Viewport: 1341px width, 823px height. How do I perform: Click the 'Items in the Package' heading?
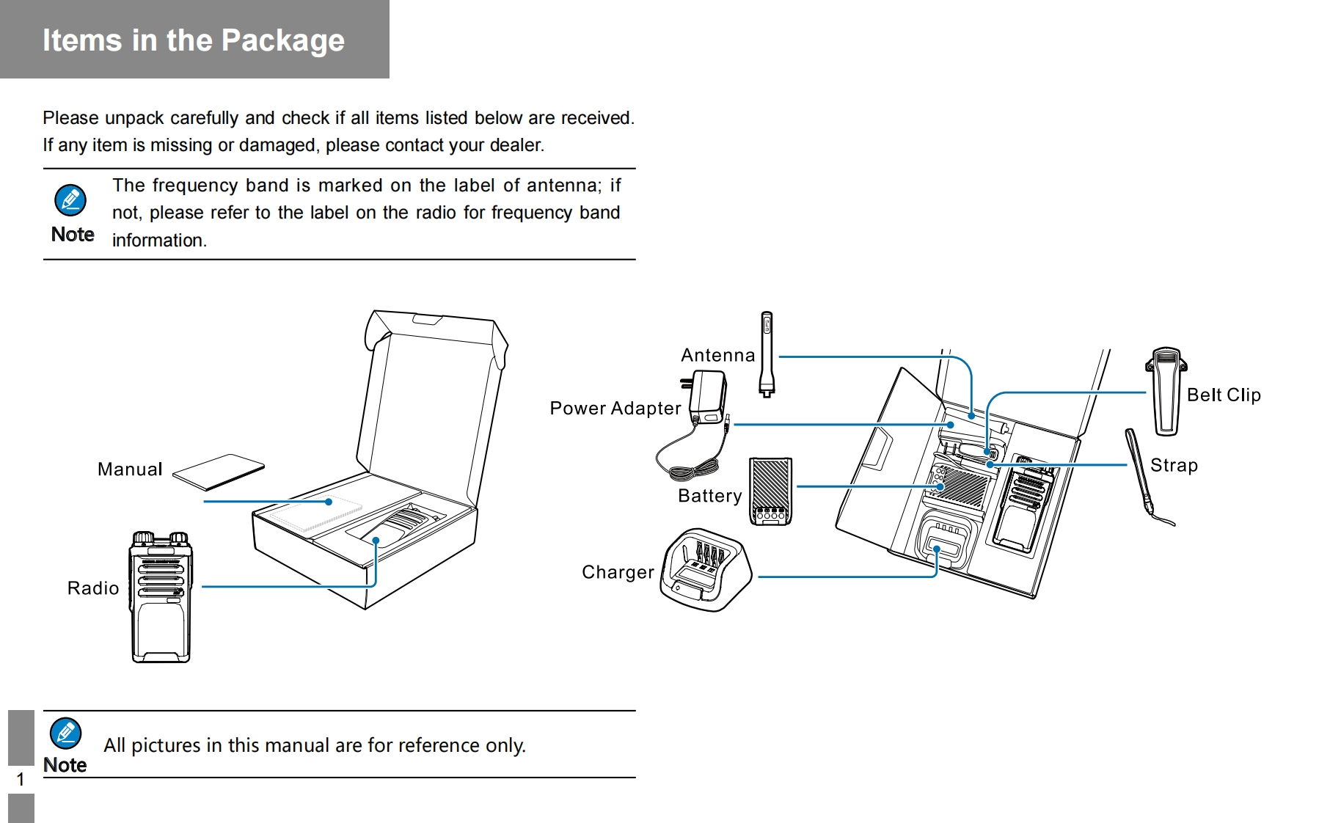click(193, 40)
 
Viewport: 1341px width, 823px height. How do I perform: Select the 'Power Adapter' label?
click(615, 409)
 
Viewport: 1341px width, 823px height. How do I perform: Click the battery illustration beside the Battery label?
click(770, 491)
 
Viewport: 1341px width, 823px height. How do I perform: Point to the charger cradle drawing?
click(705, 570)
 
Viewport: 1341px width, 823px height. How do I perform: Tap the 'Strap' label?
click(1174, 465)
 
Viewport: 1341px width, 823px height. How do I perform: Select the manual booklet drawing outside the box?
click(219, 472)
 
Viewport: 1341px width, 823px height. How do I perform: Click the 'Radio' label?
click(93, 588)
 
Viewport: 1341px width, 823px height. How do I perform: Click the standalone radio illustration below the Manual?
click(161, 598)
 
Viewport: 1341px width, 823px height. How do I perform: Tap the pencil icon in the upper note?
click(70, 200)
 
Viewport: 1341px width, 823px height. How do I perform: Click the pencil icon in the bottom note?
click(65, 732)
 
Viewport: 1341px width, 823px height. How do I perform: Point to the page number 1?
click(21, 779)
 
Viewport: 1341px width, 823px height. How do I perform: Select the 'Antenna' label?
click(717, 356)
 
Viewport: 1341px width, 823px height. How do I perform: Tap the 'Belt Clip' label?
click(1224, 395)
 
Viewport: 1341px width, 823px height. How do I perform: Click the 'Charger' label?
click(618, 572)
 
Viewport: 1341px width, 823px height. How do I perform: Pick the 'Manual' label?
click(130, 469)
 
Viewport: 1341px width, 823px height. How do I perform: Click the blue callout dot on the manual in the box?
click(329, 502)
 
